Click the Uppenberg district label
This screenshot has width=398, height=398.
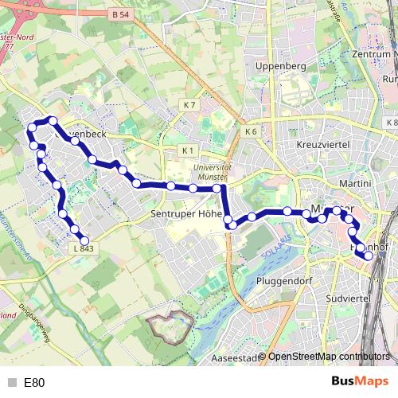[x=275, y=66]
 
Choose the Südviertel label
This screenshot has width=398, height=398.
[x=349, y=298]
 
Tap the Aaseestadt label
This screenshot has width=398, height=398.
[x=236, y=359]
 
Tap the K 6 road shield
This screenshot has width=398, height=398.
[x=252, y=131]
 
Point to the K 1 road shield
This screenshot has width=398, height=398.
[x=187, y=150]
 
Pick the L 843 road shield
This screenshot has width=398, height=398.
[x=82, y=249]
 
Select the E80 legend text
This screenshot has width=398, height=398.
[x=34, y=383]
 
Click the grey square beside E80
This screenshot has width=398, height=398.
[x=12, y=383]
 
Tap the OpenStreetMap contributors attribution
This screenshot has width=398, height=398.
[x=328, y=357]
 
